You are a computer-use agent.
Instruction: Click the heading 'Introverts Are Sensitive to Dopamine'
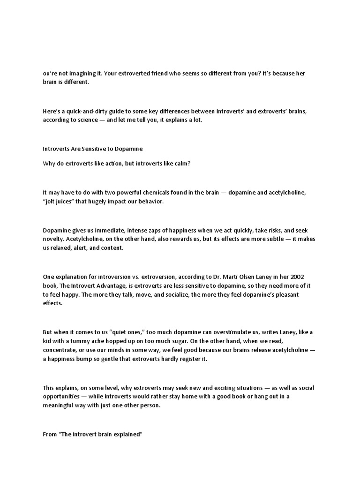92,149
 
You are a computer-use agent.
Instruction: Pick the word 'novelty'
53,239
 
